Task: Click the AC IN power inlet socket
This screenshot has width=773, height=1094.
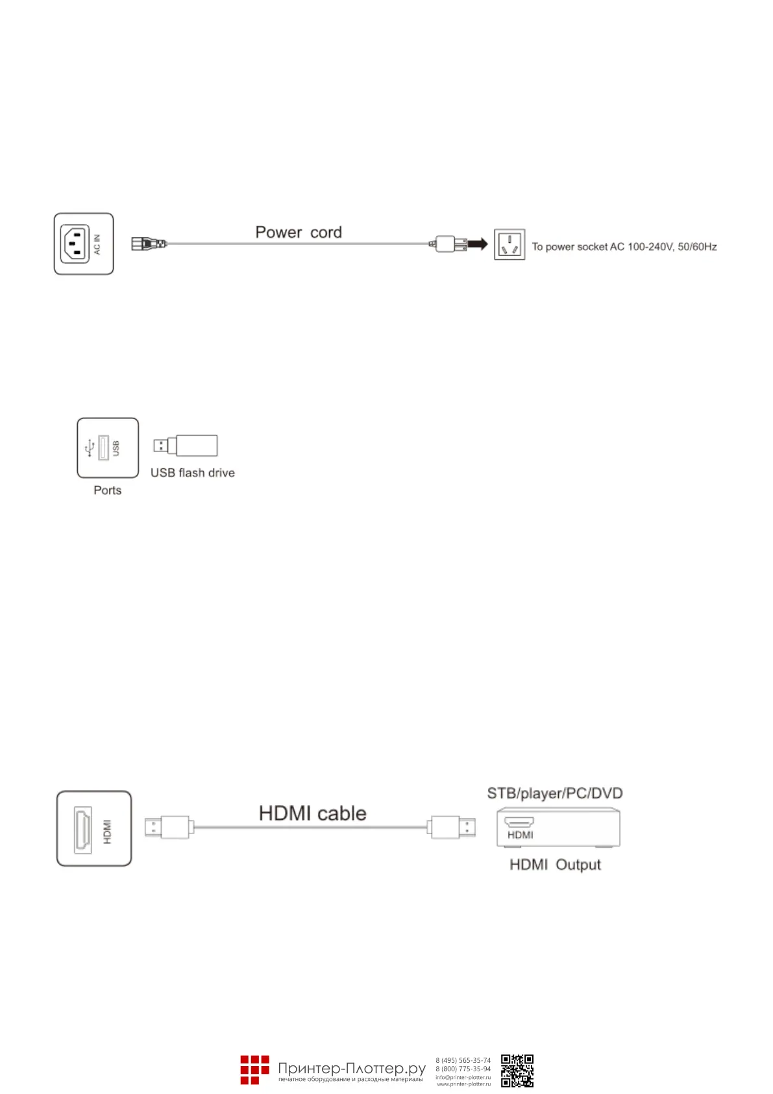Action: click(x=75, y=244)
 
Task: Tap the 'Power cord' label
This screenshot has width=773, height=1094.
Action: click(x=298, y=233)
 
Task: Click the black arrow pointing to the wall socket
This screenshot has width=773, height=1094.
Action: click(x=478, y=244)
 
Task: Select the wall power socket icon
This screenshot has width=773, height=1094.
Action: click(x=509, y=244)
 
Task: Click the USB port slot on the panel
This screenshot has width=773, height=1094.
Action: click(x=103, y=448)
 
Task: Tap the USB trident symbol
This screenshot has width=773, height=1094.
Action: click(x=90, y=448)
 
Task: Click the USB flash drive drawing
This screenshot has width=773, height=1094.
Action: click(x=186, y=446)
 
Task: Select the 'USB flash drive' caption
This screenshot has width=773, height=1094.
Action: click(x=192, y=473)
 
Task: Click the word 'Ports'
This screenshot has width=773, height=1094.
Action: click(x=107, y=490)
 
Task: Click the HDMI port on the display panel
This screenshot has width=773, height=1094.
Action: click(x=83, y=829)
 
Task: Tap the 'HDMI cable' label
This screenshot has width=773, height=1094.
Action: click(x=312, y=813)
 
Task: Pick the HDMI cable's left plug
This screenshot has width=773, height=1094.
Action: click(x=168, y=828)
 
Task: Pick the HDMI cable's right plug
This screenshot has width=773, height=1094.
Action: click(x=451, y=828)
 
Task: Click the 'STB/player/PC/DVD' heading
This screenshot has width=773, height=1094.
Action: click(x=554, y=793)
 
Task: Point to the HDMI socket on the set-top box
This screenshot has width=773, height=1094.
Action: click(x=519, y=822)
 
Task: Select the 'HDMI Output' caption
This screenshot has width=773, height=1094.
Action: click(x=555, y=865)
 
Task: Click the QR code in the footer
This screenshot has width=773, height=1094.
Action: click(x=517, y=1071)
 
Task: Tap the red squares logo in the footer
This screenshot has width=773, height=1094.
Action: click(x=254, y=1070)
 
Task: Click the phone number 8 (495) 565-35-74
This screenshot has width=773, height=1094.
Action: click(x=463, y=1060)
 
